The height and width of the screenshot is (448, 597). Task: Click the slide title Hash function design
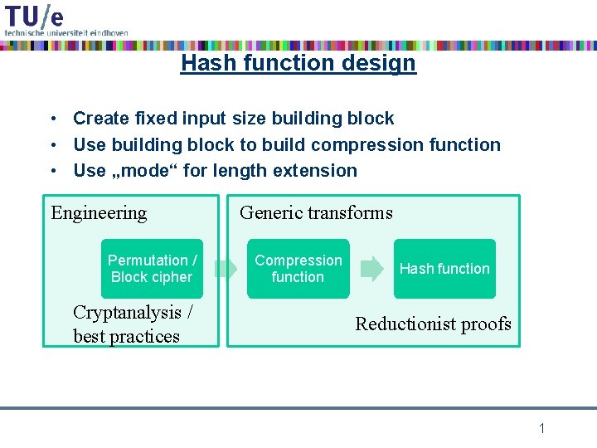coord(298,62)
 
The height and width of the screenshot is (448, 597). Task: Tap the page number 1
coord(541,428)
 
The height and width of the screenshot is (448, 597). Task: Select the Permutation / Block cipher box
coord(153,269)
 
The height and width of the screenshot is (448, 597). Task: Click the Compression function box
coord(298,269)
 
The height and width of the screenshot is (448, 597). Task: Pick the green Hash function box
coord(444,269)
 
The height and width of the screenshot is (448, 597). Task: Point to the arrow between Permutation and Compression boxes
coord(225,269)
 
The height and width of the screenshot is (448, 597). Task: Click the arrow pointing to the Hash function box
coord(372,269)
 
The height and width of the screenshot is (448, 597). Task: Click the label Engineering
coord(99,213)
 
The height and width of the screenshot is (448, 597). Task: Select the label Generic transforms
coord(316,213)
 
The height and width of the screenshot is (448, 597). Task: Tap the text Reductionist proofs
coord(433,324)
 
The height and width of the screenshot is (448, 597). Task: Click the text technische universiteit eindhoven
coord(66,32)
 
